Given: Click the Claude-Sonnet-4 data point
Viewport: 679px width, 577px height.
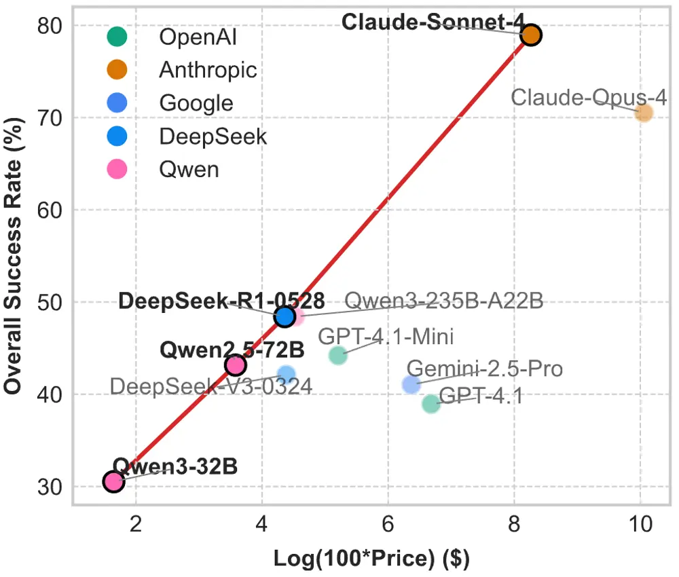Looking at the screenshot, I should click(531, 35).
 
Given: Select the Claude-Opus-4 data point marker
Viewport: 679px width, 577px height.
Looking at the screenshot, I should click(643, 113).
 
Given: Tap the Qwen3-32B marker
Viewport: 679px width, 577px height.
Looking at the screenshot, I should click(113, 481).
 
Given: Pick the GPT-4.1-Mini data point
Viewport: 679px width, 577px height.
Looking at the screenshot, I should click(338, 354).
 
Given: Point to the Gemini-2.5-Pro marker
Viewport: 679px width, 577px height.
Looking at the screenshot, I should click(411, 384).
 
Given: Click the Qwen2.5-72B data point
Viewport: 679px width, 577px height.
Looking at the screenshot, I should click(235, 365).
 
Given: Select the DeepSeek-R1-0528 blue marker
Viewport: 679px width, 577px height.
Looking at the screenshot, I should click(285, 316).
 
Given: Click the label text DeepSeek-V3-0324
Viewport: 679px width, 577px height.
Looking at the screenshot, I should click(210, 387).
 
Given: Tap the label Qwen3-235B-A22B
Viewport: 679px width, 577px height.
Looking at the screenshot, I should click(444, 301).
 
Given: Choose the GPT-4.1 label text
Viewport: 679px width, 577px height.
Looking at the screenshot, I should click(481, 395).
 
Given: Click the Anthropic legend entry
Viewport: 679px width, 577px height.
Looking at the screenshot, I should click(208, 69).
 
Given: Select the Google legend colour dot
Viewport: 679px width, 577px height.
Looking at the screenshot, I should click(117, 103).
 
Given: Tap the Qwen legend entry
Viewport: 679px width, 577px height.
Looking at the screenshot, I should click(189, 169).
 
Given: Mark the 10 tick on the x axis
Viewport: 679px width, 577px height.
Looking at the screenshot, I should click(640, 524).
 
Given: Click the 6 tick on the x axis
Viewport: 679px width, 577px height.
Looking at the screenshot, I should click(388, 524).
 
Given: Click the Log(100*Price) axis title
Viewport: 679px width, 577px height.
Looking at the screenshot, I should click(371, 559).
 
